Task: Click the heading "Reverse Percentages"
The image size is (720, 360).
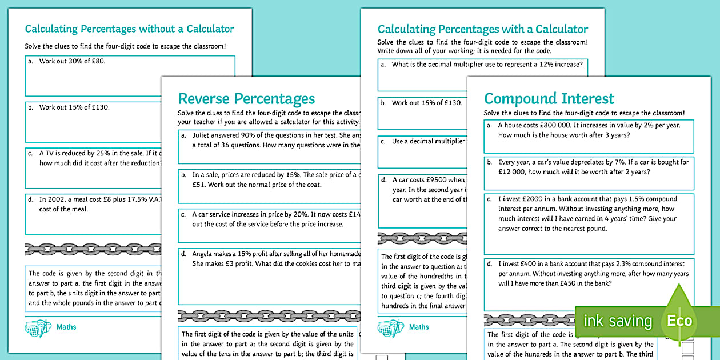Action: (246, 98)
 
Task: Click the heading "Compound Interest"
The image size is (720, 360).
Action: (549, 98)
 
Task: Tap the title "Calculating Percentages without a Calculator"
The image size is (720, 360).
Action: (129, 29)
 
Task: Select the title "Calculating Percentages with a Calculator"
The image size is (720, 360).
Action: (483, 29)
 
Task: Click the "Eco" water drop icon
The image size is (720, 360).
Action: (679, 321)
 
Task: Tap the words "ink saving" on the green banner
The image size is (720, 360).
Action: (618, 321)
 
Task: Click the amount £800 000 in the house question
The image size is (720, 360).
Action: (554, 125)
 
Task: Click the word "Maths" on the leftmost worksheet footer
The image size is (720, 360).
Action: (66, 327)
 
